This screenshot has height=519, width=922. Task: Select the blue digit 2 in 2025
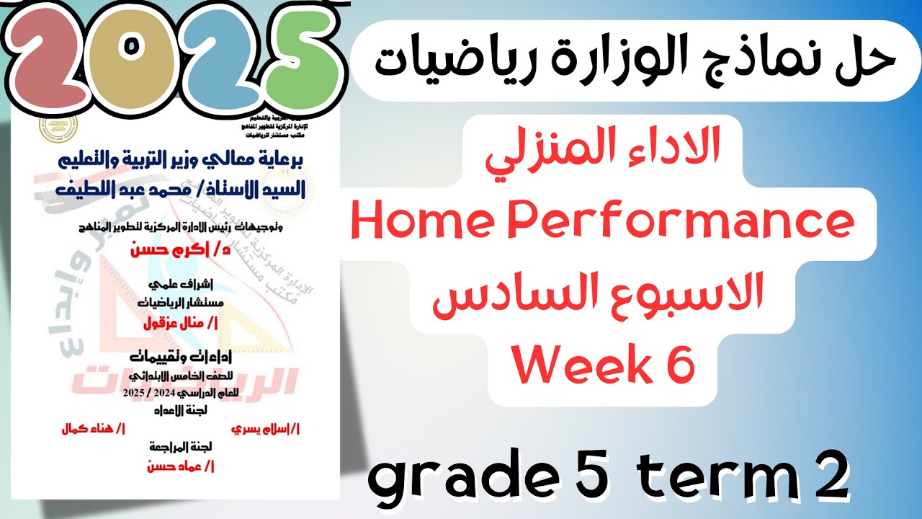click(x=212, y=52)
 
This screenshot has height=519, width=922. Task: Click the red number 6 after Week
click(x=679, y=365)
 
